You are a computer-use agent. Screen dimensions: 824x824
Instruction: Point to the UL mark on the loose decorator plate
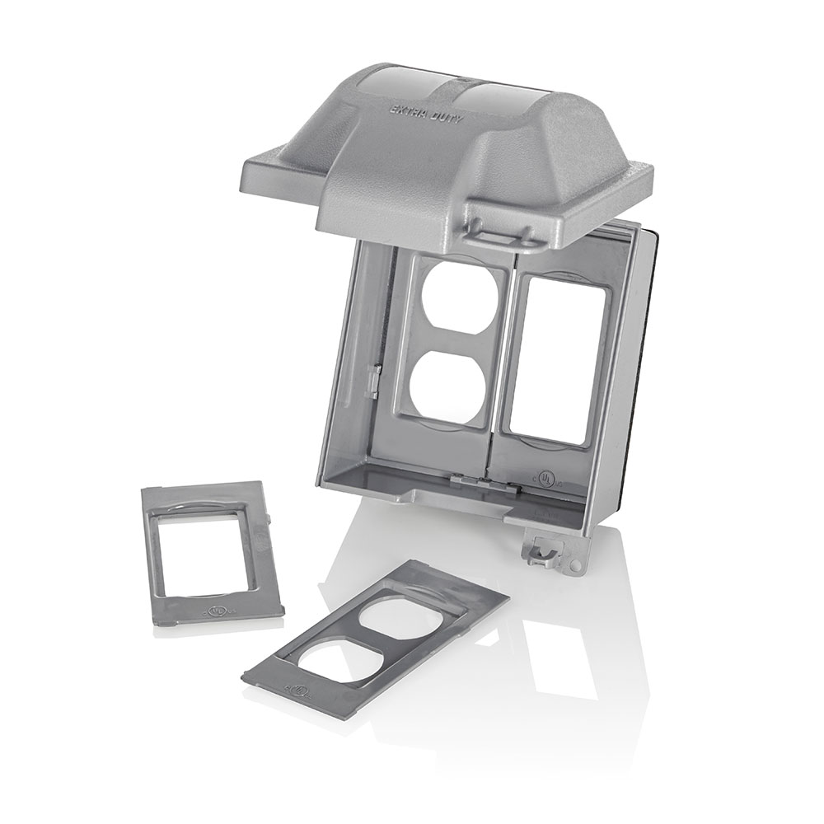click(216, 612)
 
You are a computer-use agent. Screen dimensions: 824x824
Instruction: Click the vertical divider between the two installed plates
click(495, 363)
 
